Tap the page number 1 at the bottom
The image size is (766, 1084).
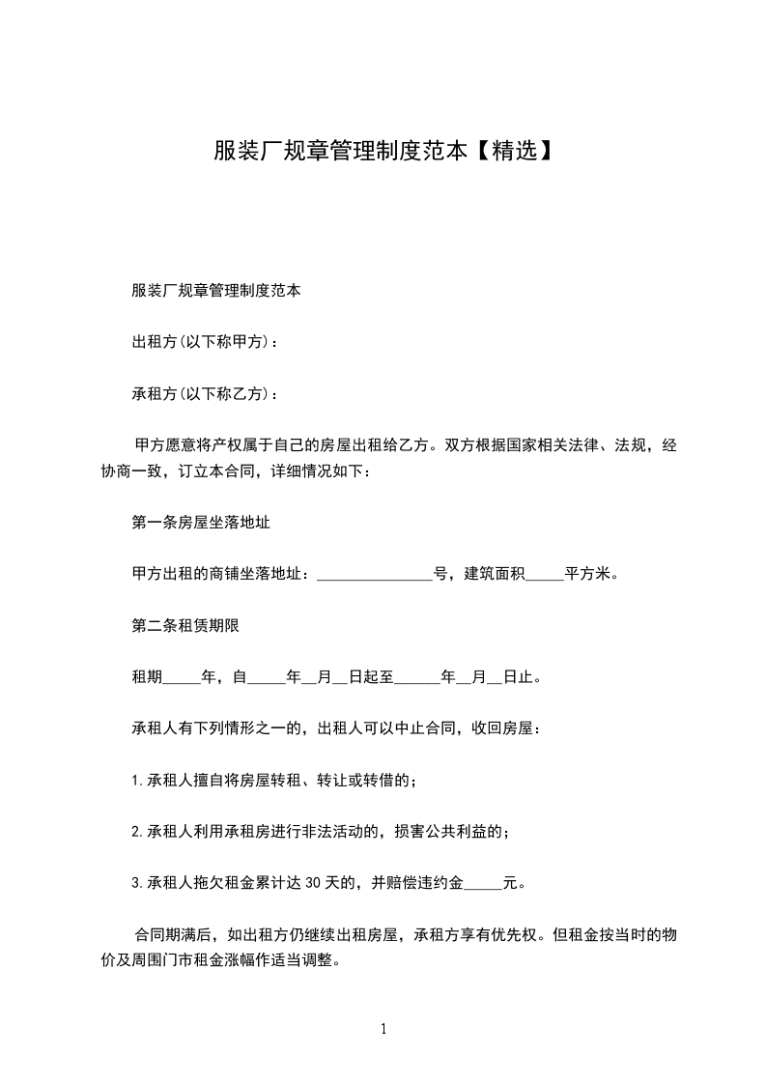(383, 1029)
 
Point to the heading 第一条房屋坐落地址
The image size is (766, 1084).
(200, 522)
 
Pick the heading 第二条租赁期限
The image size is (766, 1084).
(185, 625)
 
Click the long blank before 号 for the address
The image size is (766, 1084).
(375, 575)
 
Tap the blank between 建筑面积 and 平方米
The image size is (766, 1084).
(545, 575)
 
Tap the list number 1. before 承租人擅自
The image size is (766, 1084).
(136, 780)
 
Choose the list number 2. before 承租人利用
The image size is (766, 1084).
(136, 831)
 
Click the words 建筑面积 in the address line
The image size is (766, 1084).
(495, 574)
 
